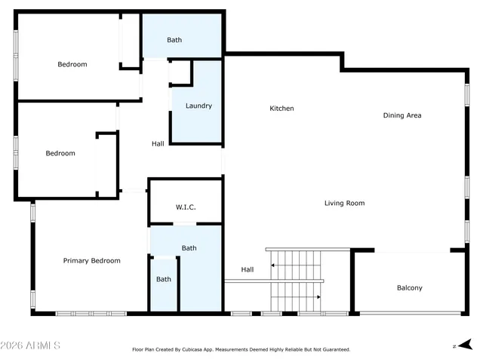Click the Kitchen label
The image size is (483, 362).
pos(281,109)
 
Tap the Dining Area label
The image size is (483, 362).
pos(401,115)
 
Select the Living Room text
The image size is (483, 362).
pos(344,203)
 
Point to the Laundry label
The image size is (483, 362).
pos(198,106)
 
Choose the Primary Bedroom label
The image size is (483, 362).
pos(91,261)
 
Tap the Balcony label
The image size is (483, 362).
pos(409,288)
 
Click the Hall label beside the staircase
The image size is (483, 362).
pos(248,269)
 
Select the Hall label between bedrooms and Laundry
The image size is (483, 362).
pos(158,143)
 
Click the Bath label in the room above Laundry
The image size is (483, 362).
pos(174,40)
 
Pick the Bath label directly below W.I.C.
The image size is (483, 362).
pos(189,248)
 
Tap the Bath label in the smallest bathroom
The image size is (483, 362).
pos(164,279)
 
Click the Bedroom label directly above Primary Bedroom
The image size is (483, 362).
pos(60,153)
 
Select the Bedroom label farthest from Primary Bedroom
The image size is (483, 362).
pos(72,64)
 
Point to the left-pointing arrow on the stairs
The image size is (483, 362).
pos(275,265)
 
